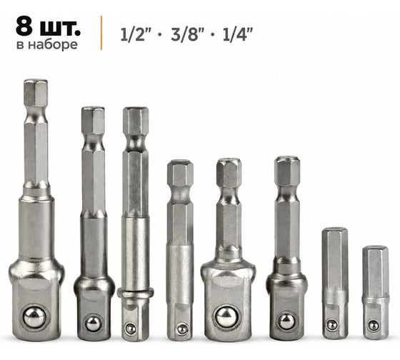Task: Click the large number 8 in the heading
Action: click(24, 26)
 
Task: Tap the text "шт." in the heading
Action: click(60, 28)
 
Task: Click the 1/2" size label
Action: click(136, 34)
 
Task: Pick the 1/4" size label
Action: click(237, 34)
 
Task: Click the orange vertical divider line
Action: click(101, 33)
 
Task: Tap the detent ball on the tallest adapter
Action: click(34, 318)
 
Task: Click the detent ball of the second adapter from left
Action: click(93, 324)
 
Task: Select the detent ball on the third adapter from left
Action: click(131, 329)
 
